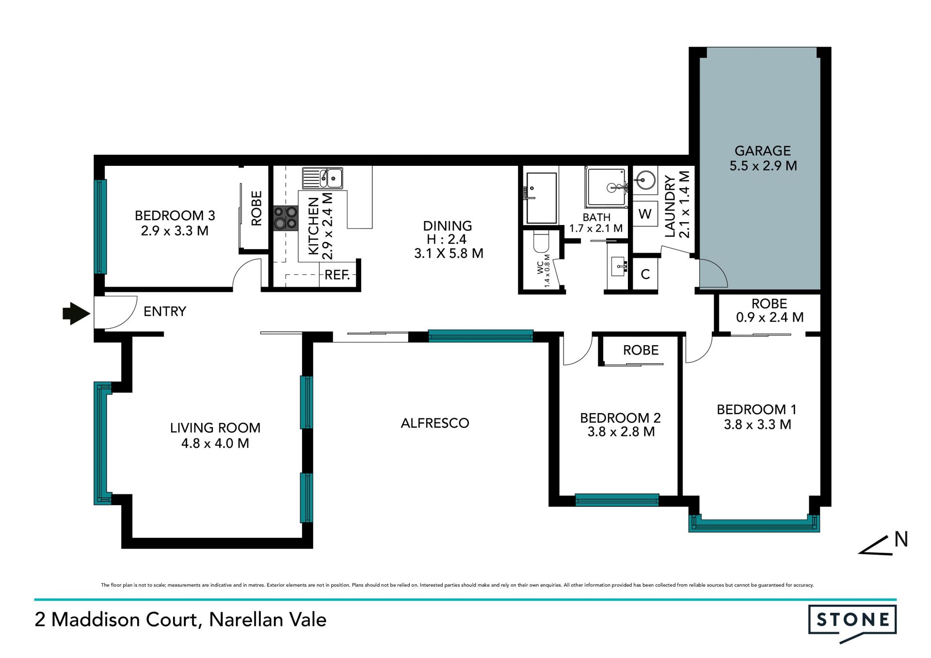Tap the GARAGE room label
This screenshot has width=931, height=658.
pos(763,151)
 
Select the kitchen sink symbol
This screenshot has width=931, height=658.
pos(322,178)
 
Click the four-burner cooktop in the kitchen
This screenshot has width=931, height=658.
pos(286,218)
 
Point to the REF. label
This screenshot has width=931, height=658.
pos(337,275)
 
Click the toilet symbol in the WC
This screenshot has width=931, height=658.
pos(541,241)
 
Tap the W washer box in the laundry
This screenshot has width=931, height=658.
pos(645,214)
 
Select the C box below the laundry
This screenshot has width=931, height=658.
pos(645,274)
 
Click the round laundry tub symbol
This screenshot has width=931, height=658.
pos(645,180)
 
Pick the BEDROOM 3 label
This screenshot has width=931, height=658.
pos(175,215)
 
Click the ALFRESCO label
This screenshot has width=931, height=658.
pos(435,423)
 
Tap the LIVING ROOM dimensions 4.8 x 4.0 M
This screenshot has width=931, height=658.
pos(215,443)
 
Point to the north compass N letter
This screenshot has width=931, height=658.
pos(901,539)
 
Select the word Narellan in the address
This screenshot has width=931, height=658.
pos(247,620)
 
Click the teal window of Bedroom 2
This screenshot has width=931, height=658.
pos(617,500)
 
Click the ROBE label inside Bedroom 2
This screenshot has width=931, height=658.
pos(641,350)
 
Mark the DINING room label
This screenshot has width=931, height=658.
pos(447,226)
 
